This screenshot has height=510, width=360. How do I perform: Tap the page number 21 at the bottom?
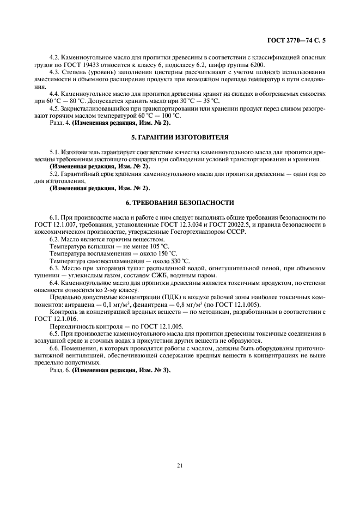point(179,465)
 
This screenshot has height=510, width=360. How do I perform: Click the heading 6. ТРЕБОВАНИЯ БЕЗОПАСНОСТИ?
point(179,203)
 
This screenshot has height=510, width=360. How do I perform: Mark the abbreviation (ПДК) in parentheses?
point(166,296)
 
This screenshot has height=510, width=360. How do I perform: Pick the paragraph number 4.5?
point(55,108)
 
